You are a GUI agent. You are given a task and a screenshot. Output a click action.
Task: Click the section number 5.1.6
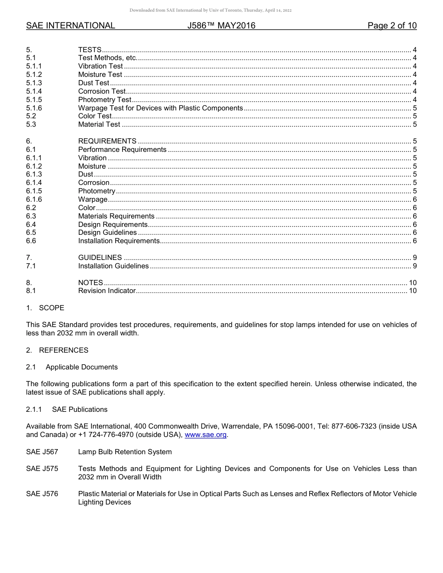tap(34, 108)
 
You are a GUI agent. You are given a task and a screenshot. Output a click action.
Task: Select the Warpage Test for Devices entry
tap(160, 108)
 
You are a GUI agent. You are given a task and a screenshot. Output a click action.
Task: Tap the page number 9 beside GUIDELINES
tap(415, 258)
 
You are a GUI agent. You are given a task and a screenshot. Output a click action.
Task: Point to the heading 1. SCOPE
tap(45, 308)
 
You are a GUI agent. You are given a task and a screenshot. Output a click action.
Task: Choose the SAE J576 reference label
tap(42, 494)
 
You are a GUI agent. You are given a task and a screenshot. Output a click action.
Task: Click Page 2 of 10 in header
tap(392, 26)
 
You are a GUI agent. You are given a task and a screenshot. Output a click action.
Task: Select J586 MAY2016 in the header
tap(221, 26)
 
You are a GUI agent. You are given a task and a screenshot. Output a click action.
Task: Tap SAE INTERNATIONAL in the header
tap(70, 26)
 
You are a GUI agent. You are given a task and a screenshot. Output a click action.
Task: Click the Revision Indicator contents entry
tap(107, 291)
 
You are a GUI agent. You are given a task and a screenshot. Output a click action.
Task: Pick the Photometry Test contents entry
tap(105, 100)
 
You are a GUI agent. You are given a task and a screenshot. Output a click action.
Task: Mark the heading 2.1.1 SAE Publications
tap(67, 409)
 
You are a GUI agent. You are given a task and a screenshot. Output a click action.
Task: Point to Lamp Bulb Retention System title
tap(125, 452)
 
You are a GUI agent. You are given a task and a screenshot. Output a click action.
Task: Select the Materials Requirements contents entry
tap(116, 216)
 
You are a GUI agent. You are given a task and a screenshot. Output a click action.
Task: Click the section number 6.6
tap(31, 241)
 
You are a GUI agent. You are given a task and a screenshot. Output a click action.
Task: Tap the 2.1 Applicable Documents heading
tap(72, 367)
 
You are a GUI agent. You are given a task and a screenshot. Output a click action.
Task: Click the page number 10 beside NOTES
tap(413, 283)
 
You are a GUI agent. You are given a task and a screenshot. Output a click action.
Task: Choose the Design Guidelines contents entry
tap(107, 232)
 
